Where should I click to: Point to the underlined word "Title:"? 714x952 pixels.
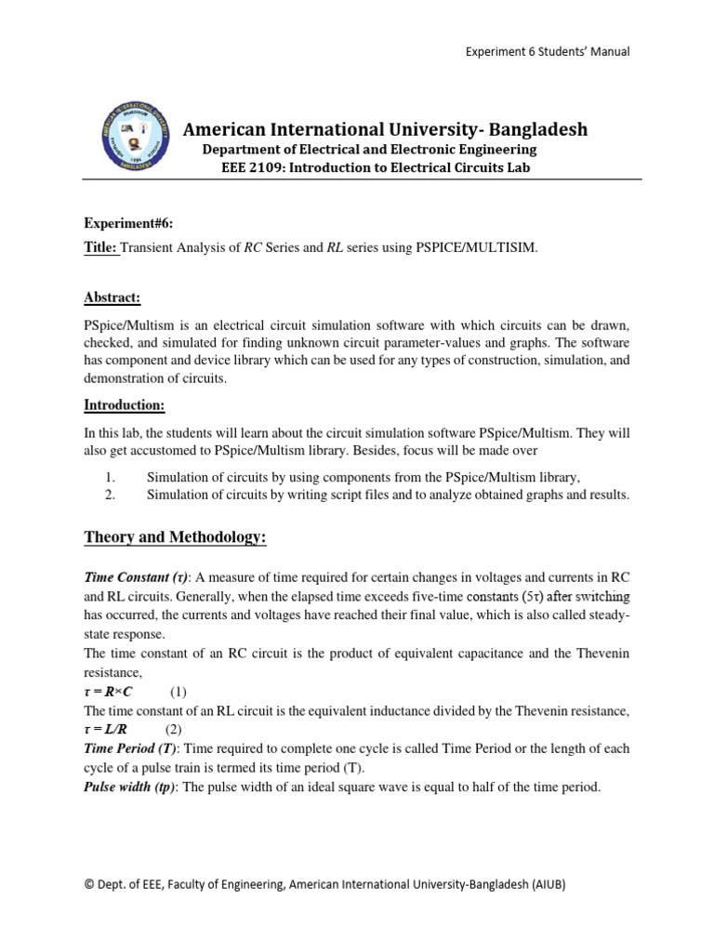102,248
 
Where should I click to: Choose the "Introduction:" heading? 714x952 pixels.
124,405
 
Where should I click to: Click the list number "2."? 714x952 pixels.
109,495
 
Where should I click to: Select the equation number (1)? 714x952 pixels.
179,693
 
